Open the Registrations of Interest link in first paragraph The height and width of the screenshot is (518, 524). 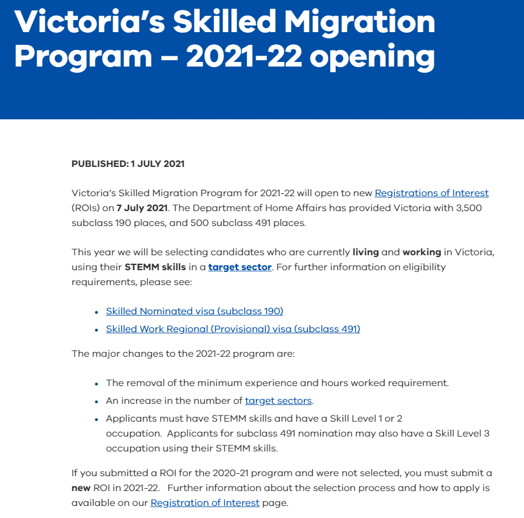coord(432,193)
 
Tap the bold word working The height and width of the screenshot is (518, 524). coord(421,252)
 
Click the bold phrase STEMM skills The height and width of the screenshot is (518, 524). coord(155,267)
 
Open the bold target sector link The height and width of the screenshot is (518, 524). coord(240,267)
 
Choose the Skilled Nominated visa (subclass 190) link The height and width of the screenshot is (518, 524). coord(195,311)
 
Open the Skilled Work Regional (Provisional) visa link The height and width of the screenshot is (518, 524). coord(233,329)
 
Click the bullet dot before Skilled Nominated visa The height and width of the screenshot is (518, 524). coord(96,311)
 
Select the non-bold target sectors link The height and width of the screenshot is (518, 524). coord(278,400)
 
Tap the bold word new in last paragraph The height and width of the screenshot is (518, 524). coord(81,488)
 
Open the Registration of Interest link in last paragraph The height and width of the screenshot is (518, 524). coord(205,503)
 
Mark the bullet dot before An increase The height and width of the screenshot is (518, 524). coord(96,401)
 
